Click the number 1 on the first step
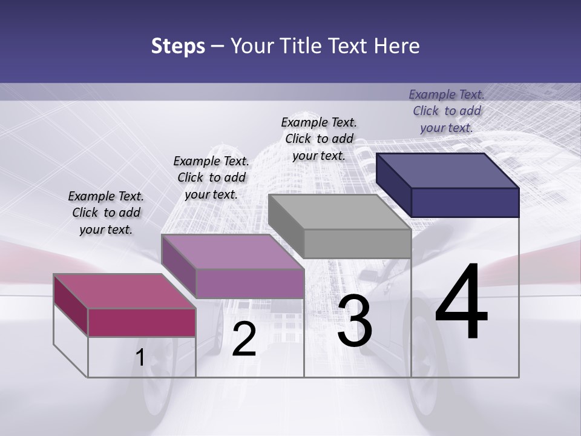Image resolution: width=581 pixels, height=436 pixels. [140, 357]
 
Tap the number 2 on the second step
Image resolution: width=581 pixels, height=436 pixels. [244, 339]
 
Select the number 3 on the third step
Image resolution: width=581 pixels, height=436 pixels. [355, 322]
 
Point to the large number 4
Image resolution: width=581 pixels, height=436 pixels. [462, 302]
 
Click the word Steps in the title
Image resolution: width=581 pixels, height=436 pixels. [178, 46]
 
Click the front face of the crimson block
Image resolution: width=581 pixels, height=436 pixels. [142, 322]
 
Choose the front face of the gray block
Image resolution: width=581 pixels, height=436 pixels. [358, 244]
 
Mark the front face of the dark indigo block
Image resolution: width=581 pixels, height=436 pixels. [465, 202]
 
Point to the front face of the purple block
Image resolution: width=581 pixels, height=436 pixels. [249, 283]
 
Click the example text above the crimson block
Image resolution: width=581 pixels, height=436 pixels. [106, 213]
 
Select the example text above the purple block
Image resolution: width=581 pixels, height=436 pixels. [211, 177]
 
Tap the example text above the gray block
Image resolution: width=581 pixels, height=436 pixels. [319, 139]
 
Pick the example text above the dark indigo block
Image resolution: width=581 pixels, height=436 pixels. [447, 111]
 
